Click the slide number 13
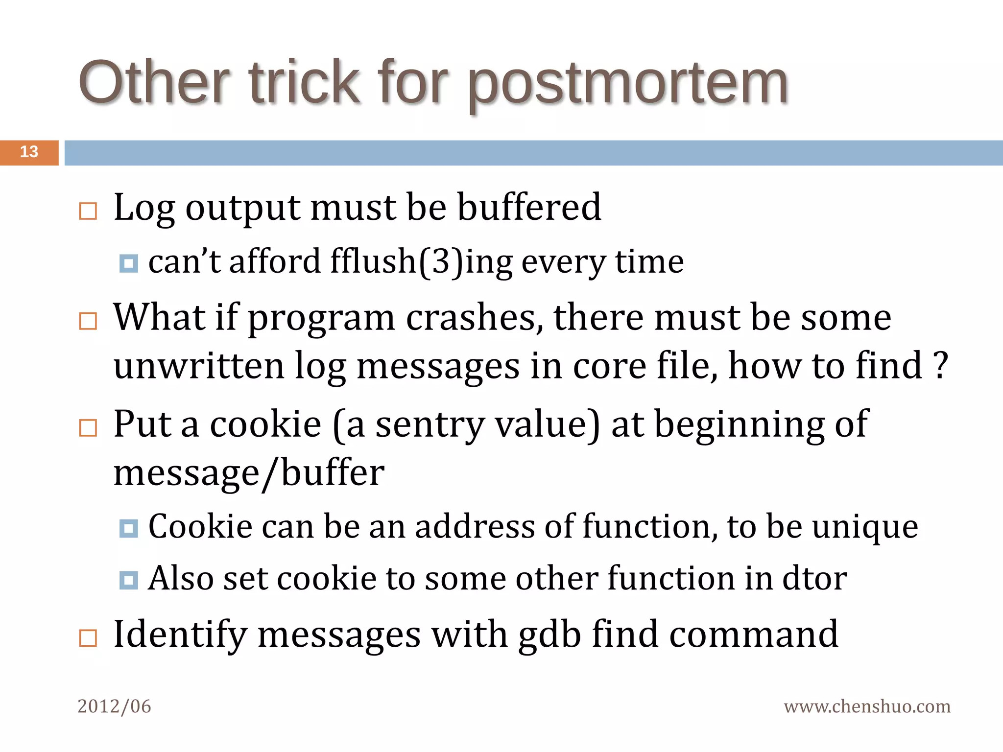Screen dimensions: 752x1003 29,152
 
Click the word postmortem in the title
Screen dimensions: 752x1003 628,83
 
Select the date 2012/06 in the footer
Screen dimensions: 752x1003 114,706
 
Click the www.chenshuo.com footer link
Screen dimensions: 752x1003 867,706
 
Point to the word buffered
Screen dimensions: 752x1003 529,207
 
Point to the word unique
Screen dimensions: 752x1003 865,527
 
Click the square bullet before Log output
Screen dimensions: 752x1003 88,211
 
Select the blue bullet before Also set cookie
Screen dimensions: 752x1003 129,580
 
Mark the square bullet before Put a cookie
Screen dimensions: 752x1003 88,428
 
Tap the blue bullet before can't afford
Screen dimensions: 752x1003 129,263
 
